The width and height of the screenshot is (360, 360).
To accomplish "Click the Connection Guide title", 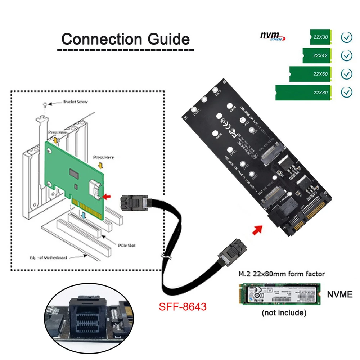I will click(x=125, y=39).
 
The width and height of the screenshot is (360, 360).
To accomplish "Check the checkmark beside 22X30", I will click(x=346, y=37).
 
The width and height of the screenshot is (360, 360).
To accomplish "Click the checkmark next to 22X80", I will click(x=346, y=93).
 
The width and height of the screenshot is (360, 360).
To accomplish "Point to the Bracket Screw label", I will click(x=75, y=102).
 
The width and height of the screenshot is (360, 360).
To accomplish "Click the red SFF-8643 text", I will click(x=183, y=307).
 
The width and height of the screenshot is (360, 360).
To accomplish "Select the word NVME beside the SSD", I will click(x=339, y=294).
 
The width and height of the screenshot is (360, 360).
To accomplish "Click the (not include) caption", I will click(x=284, y=313).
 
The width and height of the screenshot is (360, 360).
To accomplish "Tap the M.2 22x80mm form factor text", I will click(x=282, y=274).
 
